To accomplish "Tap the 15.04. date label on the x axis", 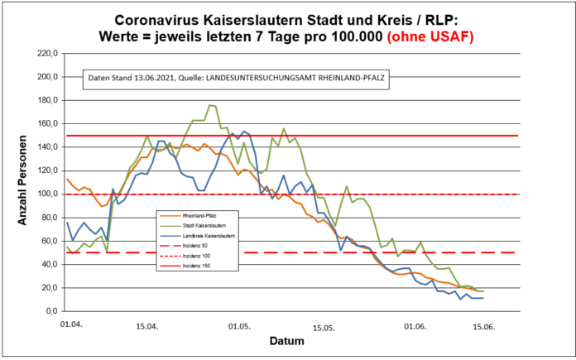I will (x=147, y=327).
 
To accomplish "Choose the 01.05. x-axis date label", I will (x=238, y=327).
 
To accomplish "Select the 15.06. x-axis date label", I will (x=483, y=327).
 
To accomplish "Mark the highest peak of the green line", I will (x=210, y=105).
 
